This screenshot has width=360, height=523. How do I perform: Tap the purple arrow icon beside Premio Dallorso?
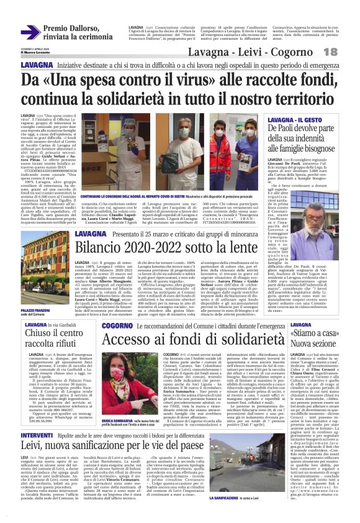(x=30, y=32)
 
